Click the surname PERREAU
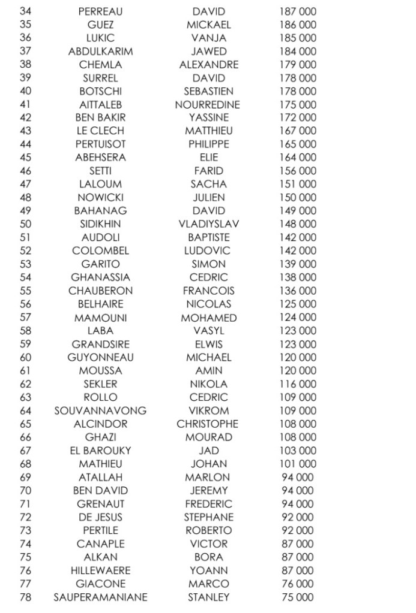(x=100, y=11)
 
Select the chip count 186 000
(x=298, y=25)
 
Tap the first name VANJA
(x=208, y=38)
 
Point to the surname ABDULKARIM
(x=100, y=52)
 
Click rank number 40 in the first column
(x=25, y=91)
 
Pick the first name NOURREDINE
(x=208, y=104)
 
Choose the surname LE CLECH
(x=100, y=131)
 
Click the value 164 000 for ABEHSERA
(x=298, y=158)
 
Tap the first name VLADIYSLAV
(x=208, y=224)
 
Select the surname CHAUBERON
(x=100, y=291)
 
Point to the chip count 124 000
(x=298, y=317)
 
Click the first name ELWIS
(x=208, y=344)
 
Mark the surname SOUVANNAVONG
(x=100, y=410)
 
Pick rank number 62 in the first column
(x=25, y=383)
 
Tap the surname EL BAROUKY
(x=100, y=451)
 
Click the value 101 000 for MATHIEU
(x=298, y=464)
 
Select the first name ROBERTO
(x=208, y=530)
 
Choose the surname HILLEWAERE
(x=100, y=570)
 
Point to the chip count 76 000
(x=298, y=584)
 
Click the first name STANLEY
(x=208, y=597)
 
